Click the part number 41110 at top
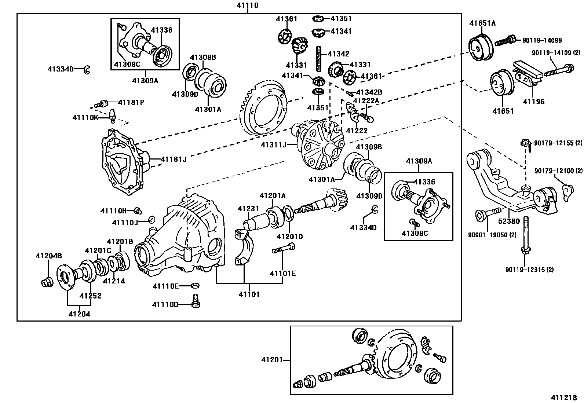(248, 5)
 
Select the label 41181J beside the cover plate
(174, 159)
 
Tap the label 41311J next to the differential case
(273, 145)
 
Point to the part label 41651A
(482, 23)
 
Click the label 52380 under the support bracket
(509, 221)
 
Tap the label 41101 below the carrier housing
(249, 294)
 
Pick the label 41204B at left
(48, 255)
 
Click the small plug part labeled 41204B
(46, 283)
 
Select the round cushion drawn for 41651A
(481, 48)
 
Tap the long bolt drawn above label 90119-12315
(525, 235)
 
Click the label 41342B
(369, 92)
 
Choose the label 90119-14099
(542, 41)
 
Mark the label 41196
(533, 102)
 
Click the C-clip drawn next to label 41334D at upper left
(87, 69)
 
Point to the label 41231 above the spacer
(248, 209)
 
